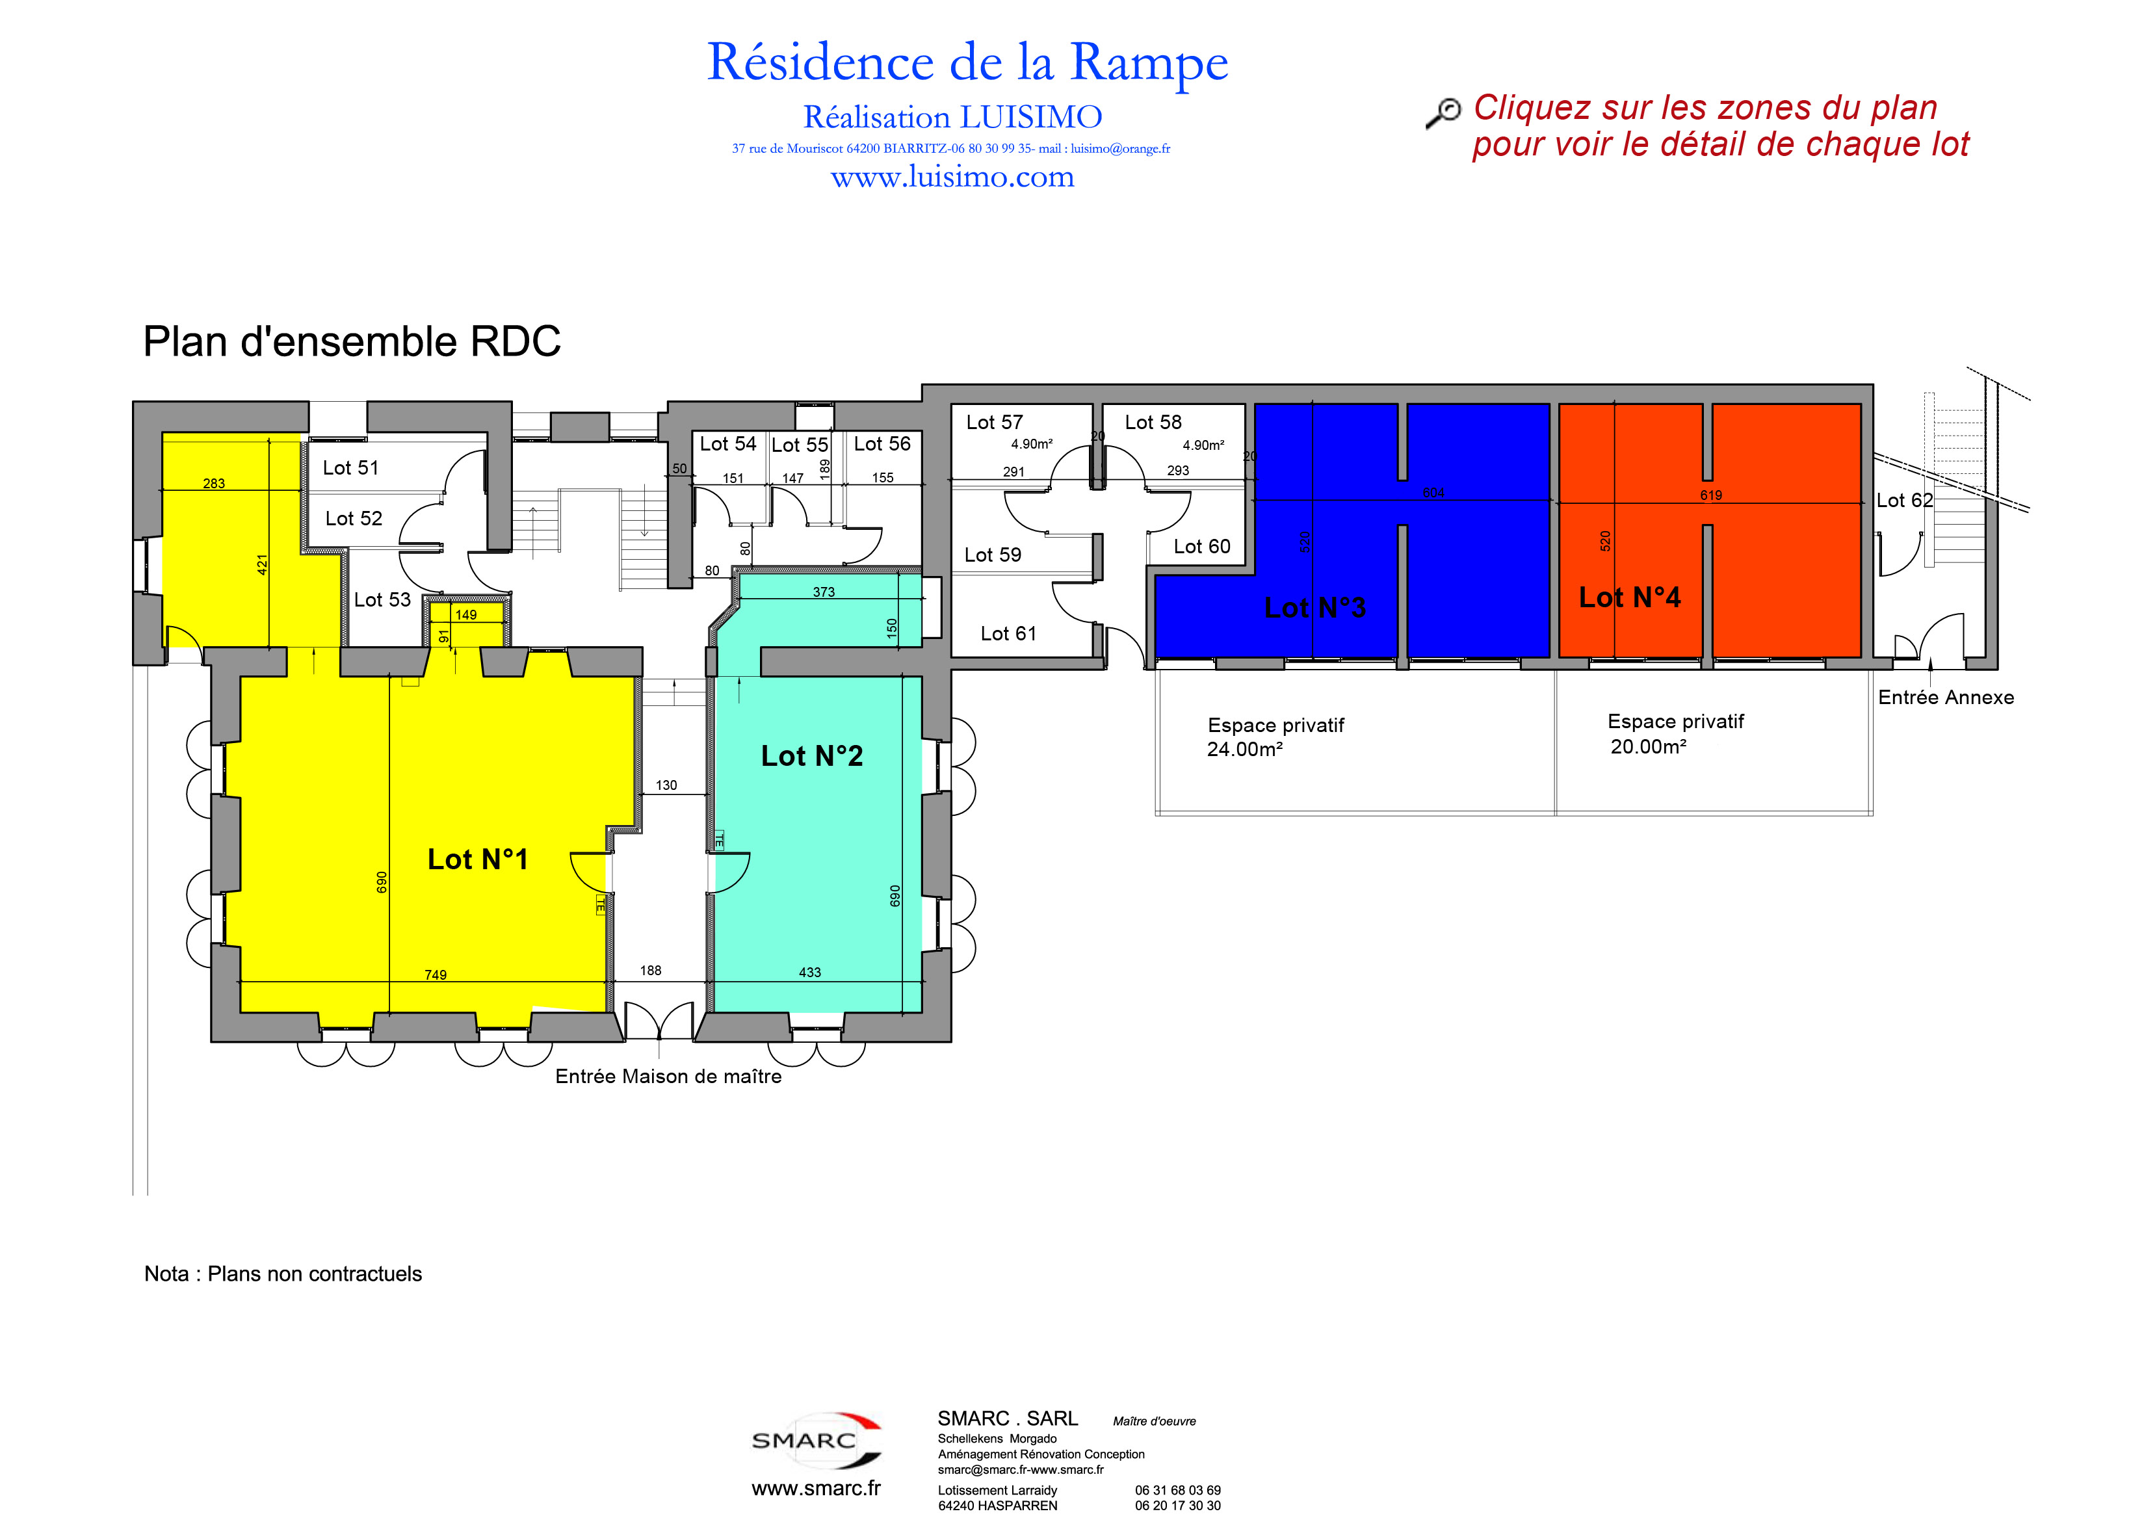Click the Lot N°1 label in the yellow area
(x=477, y=859)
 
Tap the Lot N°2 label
(x=812, y=755)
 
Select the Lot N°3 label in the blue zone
(x=1314, y=608)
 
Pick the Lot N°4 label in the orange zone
(x=1629, y=597)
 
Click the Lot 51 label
(x=350, y=468)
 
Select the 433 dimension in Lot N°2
(x=810, y=973)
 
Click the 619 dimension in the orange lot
(x=1711, y=495)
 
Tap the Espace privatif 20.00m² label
(x=1675, y=734)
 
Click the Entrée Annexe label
(x=1946, y=698)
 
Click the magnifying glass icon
(x=1443, y=112)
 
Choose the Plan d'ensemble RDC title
(x=352, y=341)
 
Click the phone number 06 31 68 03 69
(x=1177, y=1491)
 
